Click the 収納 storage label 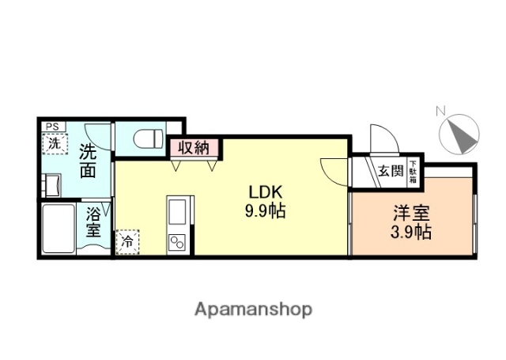pyautogui.click(x=192, y=147)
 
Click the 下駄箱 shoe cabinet pyautogui.click(x=413, y=171)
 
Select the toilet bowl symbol pyautogui.click(x=146, y=139)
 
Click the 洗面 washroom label pyautogui.click(x=88, y=161)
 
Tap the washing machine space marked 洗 pyautogui.click(x=54, y=144)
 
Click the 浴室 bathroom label pyautogui.click(x=93, y=223)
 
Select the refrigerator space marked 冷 pyautogui.click(x=126, y=241)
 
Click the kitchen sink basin pyautogui.click(x=177, y=212)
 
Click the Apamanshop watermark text pyautogui.click(x=254, y=309)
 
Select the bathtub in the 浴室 pyautogui.click(x=59, y=229)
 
